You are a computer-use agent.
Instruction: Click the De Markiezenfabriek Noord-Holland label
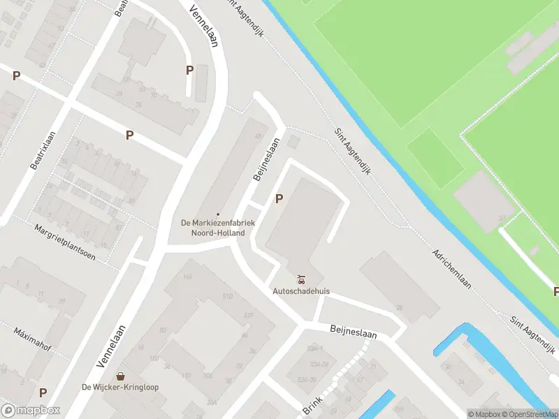tap(218, 228)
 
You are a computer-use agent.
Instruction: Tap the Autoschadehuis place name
tap(302, 291)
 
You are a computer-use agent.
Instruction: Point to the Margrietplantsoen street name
tap(75, 242)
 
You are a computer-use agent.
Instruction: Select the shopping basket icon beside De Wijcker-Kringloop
tap(121, 376)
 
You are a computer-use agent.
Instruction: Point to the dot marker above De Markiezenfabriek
tap(218, 214)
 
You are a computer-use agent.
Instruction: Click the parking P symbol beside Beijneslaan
tap(279, 199)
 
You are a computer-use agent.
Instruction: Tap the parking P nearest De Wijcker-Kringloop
tap(43, 393)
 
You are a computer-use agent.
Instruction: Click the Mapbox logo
tap(30, 411)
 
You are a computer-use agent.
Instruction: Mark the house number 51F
tap(247, 315)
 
